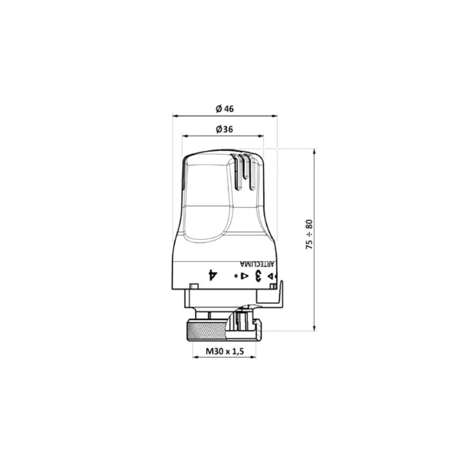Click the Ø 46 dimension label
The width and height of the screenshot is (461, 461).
(x=225, y=109)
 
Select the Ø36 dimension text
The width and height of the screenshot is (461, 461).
(x=224, y=129)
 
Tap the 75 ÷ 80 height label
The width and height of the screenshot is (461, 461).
(x=309, y=235)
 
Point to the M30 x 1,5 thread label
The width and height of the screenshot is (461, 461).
(x=225, y=351)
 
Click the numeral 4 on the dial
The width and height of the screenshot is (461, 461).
(x=213, y=275)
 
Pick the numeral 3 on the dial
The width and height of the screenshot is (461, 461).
(x=258, y=275)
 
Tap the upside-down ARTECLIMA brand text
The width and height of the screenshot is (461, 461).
(x=257, y=264)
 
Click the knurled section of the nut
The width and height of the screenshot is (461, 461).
(x=206, y=331)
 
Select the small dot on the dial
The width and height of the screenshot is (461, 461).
(x=236, y=276)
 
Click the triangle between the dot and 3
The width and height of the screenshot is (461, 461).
(x=244, y=276)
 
